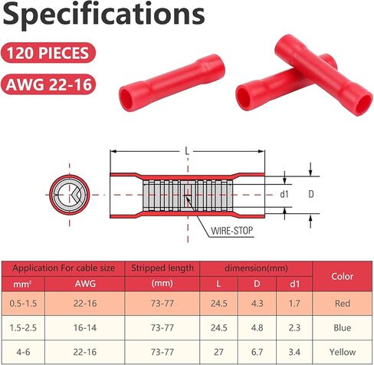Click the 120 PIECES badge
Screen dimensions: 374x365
pyautogui.click(x=48, y=53)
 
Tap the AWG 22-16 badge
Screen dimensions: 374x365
pyautogui.click(x=48, y=84)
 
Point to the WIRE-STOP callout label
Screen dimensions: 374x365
pyautogui.click(x=232, y=231)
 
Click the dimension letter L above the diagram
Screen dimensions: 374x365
pyautogui.click(x=187, y=151)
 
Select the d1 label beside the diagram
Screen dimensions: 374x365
pyautogui.click(x=284, y=195)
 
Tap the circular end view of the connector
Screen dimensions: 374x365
pyautogui.click(x=70, y=195)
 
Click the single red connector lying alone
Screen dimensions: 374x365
pyautogui.click(x=172, y=83)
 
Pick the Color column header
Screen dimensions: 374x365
pyautogui.click(x=343, y=276)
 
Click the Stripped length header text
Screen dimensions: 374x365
pyautogui.click(x=162, y=268)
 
